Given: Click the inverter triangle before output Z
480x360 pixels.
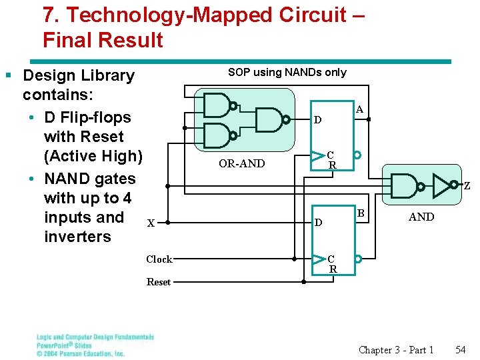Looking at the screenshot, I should (x=442, y=185).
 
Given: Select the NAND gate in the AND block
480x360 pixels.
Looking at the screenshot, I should (x=406, y=185).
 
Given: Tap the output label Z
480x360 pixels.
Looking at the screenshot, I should (x=467, y=186).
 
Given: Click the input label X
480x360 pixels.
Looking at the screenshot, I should (x=151, y=223).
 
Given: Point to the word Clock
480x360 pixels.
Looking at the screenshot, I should (x=159, y=259).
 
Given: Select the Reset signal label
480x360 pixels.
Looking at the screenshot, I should (x=158, y=282).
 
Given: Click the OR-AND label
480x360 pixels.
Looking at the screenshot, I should (x=241, y=164).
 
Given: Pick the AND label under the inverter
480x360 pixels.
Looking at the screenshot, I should (x=421, y=217).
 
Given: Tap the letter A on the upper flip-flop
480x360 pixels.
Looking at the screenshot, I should (x=359, y=109).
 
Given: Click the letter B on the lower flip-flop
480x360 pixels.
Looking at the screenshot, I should (x=359, y=213).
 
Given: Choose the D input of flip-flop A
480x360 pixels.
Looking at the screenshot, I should (x=318, y=121).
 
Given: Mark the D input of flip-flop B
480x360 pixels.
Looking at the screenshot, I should (x=318, y=222).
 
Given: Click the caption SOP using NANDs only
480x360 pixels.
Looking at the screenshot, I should (x=287, y=72).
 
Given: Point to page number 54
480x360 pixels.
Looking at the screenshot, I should (x=461, y=350).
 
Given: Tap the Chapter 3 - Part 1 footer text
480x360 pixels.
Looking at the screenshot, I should (x=396, y=350).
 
